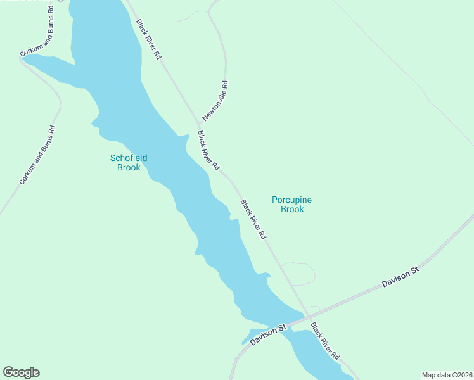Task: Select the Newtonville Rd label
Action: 215,101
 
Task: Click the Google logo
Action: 21,372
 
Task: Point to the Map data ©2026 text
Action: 447,375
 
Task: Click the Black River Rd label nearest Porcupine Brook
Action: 253,219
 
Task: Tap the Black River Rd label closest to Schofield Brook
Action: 208,151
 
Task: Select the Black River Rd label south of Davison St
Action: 325,341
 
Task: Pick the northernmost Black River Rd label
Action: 149,39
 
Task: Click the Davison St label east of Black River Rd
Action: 400,278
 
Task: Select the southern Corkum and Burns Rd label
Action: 37,155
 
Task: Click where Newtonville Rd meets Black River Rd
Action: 197,123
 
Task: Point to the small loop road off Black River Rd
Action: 304,272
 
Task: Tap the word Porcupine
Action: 291,200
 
